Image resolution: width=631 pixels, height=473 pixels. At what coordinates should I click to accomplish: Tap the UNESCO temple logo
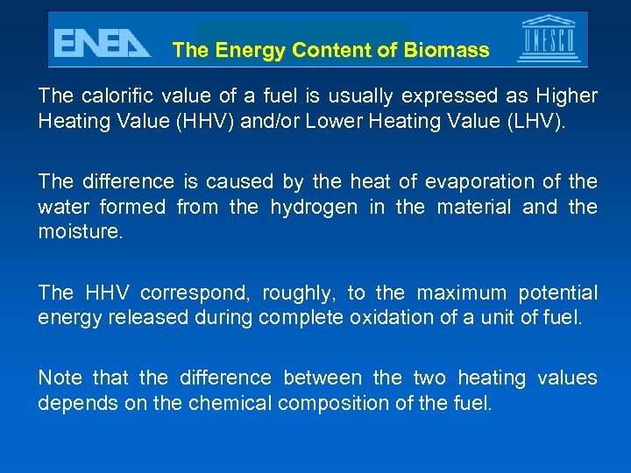click(x=549, y=39)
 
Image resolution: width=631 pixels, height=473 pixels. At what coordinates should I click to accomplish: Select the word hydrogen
click(x=314, y=208)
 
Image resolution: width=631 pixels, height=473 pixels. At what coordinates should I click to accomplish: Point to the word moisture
click(x=79, y=232)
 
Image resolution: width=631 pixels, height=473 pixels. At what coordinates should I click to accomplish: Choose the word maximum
click(x=463, y=293)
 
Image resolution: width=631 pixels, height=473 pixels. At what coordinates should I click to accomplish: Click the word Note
click(x=60, y=378)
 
